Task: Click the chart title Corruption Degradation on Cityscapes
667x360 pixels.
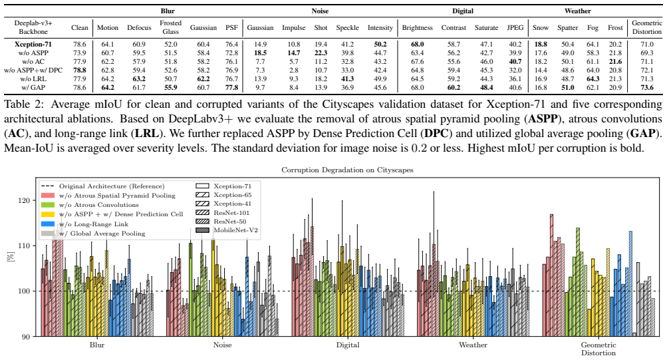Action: point(347,170)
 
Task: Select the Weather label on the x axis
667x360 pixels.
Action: point(473,345)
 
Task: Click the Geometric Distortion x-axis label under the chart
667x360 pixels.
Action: point(598,349)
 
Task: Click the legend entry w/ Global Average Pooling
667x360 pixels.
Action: point(93,233)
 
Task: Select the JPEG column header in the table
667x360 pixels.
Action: point(515,28)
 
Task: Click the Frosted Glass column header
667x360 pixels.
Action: point(171,27)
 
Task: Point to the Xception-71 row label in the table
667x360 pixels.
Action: point(33,45)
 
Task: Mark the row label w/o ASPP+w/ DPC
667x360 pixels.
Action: point(33,71)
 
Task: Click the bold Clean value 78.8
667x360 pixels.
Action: point(80,71)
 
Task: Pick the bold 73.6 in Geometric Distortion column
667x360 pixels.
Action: point(646,88)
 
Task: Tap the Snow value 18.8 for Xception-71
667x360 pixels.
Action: point(540,45)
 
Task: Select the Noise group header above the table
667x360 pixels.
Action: point(320,11)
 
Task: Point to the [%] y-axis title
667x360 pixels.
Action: point(11,257)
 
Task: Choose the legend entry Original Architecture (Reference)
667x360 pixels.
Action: point(102,186)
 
